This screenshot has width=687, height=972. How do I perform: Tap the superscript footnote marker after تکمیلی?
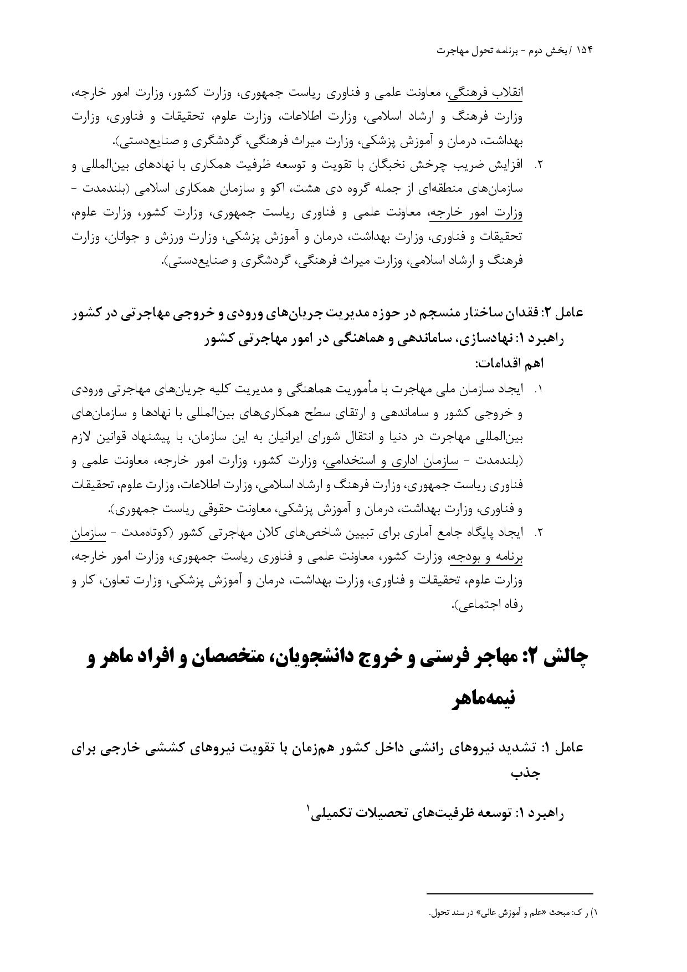pyautogui.click(x=308, y=809)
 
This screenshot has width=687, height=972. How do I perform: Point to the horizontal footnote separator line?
pyautogui.click(x=510, y=893)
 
